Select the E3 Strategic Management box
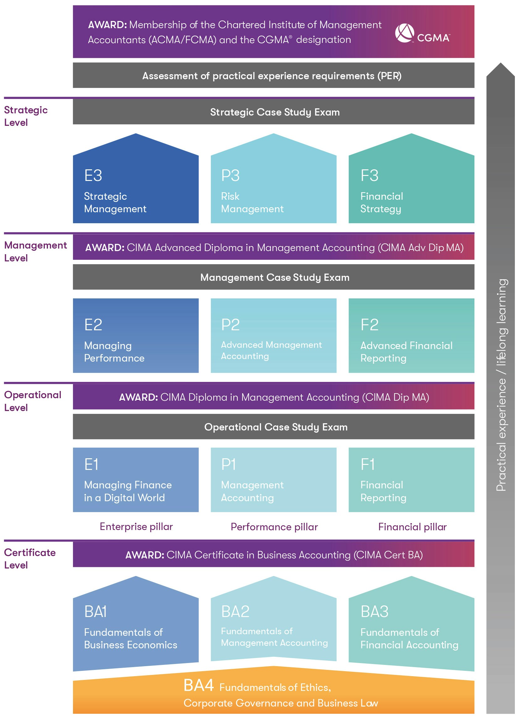[136, 178]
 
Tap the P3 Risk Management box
[273, 178]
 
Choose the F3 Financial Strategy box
[411, 178]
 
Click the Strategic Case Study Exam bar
[274, 112]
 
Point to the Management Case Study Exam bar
[274, 277]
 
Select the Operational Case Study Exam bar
[274, 427]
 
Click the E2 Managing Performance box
[136, 336]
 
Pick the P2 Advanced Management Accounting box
[273, 336]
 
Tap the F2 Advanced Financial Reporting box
[411, 336]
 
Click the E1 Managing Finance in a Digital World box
[136, 480]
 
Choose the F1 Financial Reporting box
[411, 480]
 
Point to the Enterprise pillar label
[136, 527]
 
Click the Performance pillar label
[274, 527]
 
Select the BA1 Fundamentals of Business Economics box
[136, 624]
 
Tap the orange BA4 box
[274, 691]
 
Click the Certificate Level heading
[30, 559]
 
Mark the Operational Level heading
[33, 401]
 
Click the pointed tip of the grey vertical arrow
[500, 63]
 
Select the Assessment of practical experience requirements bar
[274, 75]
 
